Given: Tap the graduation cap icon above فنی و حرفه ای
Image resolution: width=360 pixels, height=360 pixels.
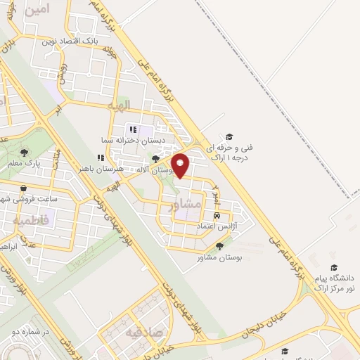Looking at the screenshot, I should [x=230, y=136].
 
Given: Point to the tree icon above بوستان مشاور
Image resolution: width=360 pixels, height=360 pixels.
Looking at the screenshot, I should [x=221, y=246].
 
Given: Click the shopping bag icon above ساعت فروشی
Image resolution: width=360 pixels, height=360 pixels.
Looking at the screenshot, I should [x=25, y=189].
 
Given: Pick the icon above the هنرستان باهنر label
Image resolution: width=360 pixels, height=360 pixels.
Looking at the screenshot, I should [x=100, y=158].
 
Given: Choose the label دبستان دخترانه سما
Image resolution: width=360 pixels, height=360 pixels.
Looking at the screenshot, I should [x=163, y=141].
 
